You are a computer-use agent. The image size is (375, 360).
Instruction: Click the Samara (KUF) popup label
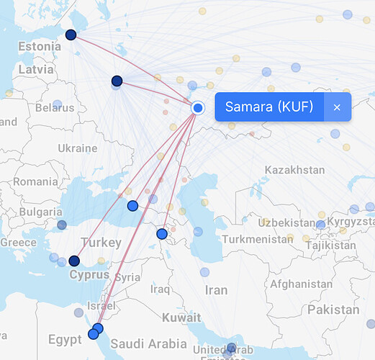[x=269, y=107]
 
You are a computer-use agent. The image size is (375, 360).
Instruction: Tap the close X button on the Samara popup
[x=337, y=107]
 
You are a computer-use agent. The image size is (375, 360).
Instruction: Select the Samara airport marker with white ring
[x=199, y=107]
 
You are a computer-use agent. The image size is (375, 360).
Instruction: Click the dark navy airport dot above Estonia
[x=71, y=35]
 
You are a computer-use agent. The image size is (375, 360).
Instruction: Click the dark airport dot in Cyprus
[x=73, y=261]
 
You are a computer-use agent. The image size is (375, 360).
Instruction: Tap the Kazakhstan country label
[x=294, y=170]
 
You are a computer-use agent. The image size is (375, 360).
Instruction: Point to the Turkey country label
[x=101, y=243]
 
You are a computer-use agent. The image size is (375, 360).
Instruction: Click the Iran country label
[x=216, y=291]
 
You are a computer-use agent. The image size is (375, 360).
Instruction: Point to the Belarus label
[x=55, y=108]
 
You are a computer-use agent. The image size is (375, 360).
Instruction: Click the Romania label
[x=35, y=182]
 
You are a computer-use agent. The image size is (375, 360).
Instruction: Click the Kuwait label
[x=181, y=318]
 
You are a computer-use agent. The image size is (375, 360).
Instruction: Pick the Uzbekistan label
[x=284, y=222]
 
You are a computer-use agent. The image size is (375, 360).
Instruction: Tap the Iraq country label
[x=159, y=289]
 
